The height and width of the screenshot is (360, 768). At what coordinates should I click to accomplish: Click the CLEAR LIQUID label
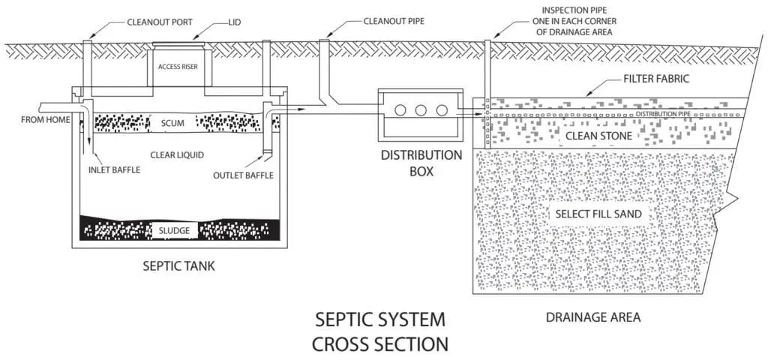(175, 155)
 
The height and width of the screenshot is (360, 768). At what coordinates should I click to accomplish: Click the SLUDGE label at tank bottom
(173, 229)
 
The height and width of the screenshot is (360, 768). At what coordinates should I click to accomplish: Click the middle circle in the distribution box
(421, 110)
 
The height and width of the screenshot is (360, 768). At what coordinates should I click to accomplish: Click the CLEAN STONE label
(598, 136)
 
